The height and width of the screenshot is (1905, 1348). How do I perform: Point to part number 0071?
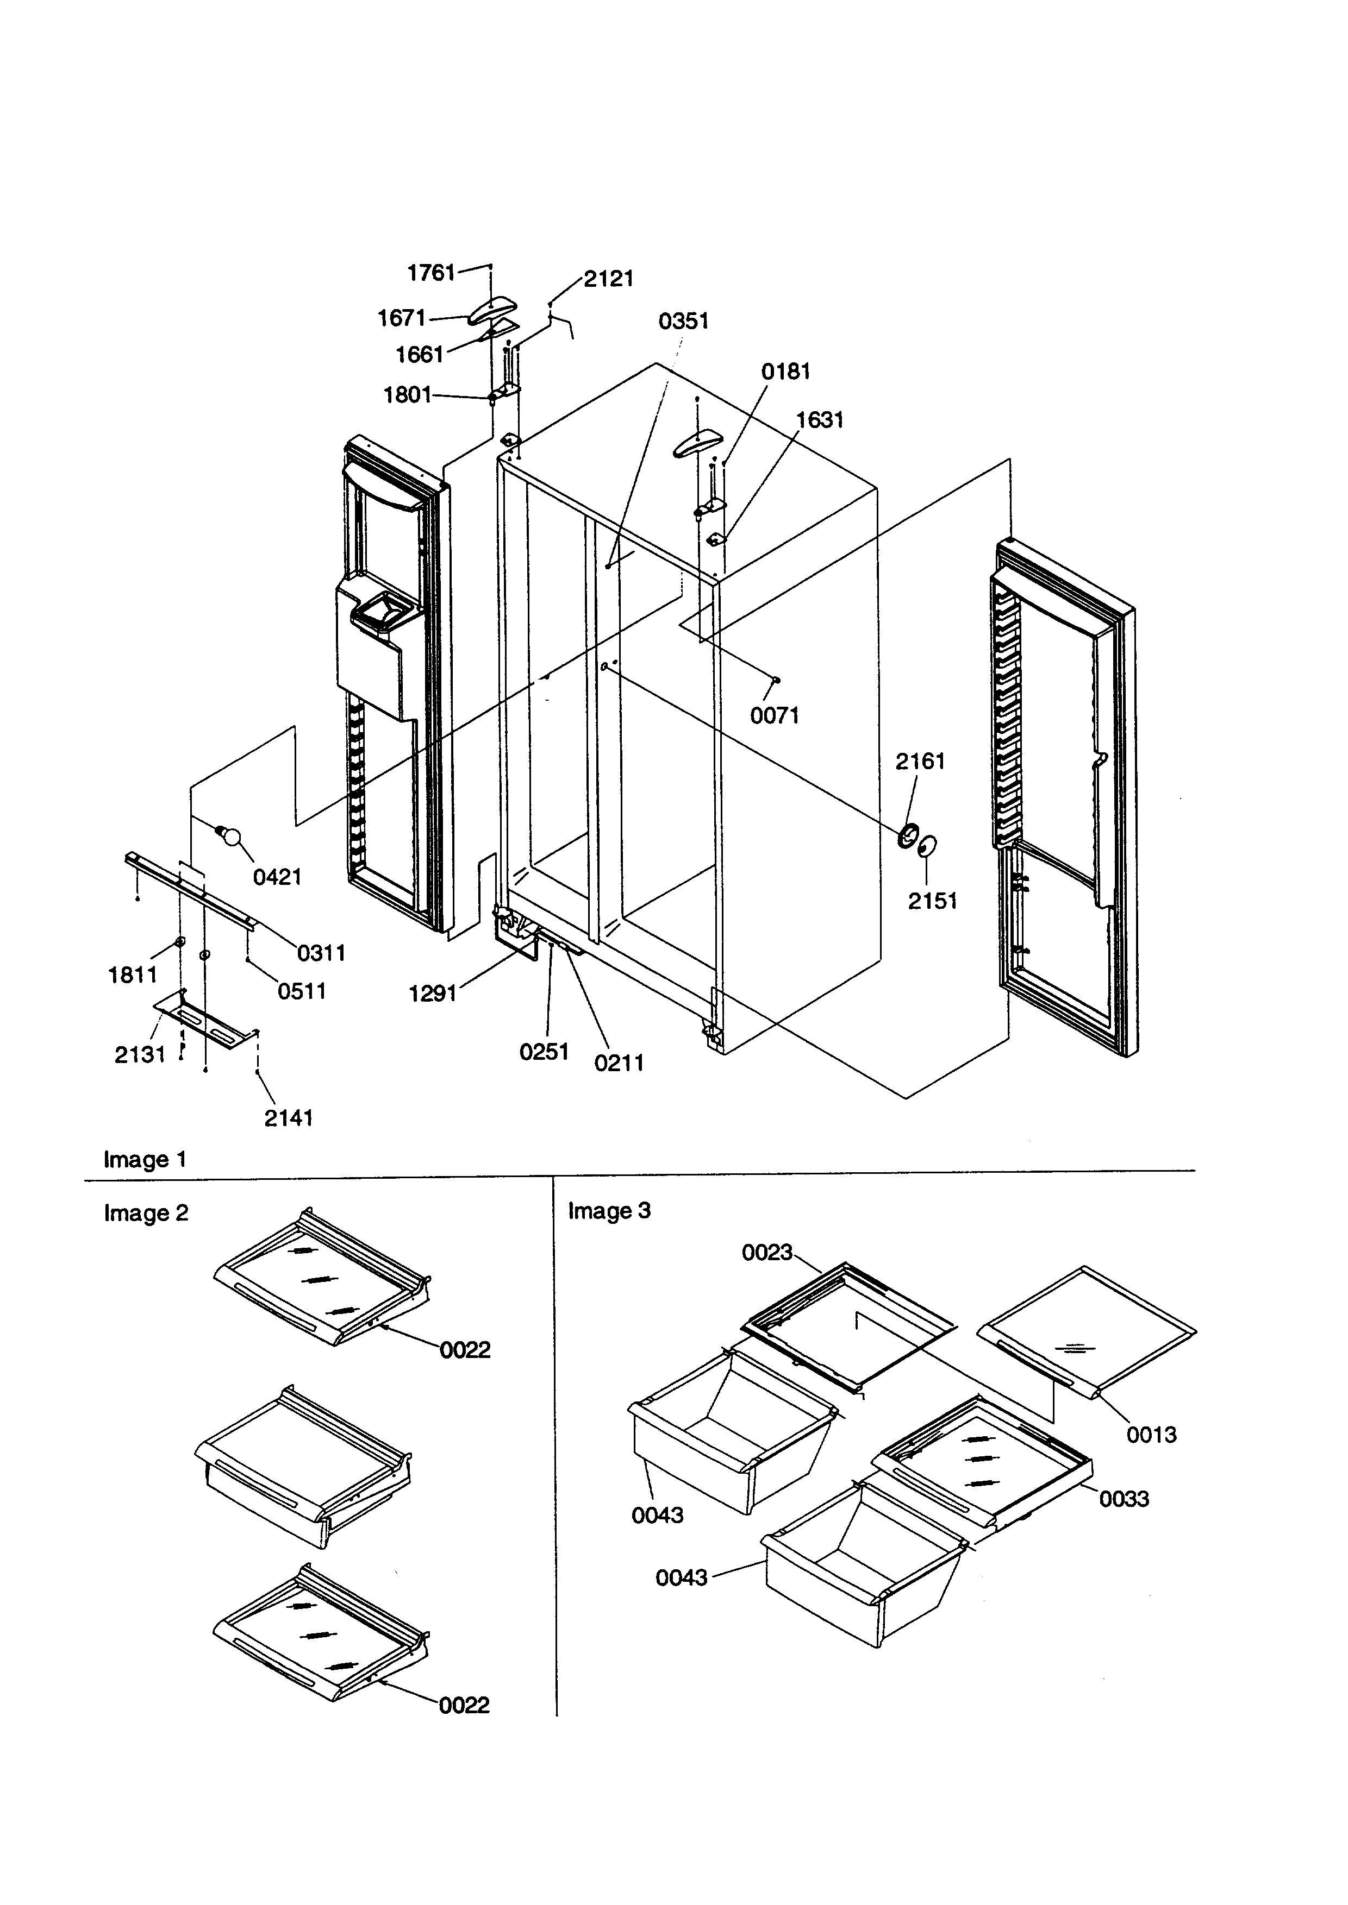[x=775, y=715]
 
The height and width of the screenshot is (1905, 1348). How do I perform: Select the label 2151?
[x=932, y=901]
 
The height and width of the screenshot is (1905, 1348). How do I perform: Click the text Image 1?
[x=145, y=1160]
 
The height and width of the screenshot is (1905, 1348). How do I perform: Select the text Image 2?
[x=146, y=1214]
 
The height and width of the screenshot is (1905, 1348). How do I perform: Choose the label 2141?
[x=288, y=1118]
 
